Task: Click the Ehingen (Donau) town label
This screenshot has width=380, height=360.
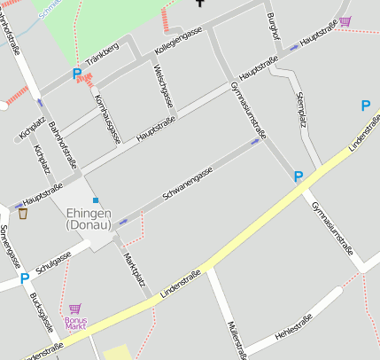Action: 89,219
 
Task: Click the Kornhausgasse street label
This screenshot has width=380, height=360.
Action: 106,117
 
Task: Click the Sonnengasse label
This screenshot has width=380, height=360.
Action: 11,247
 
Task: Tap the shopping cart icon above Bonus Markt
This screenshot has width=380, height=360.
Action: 74,309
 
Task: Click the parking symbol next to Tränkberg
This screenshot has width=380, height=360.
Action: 76,74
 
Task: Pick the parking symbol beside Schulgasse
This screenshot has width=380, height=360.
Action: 25,278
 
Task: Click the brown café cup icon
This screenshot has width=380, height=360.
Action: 23,213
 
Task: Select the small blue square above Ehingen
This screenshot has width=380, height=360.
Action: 96,200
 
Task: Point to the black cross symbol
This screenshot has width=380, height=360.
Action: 200,3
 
